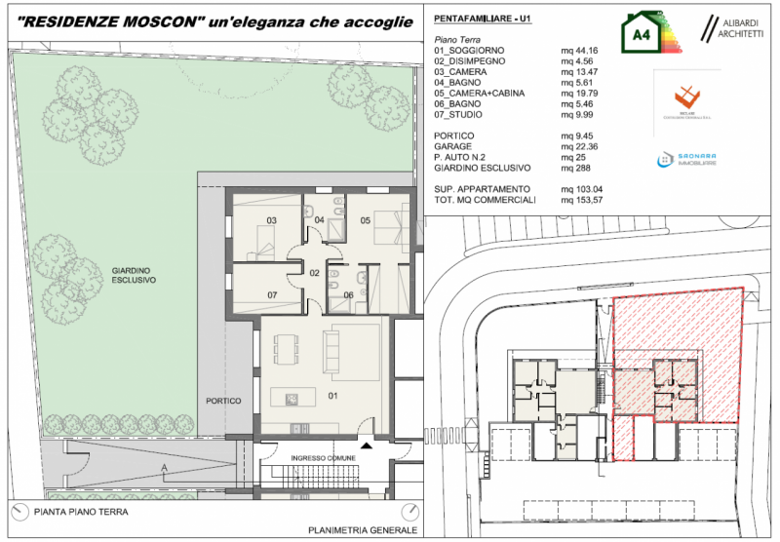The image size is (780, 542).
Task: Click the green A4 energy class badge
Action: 643,35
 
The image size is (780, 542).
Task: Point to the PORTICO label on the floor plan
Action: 223,401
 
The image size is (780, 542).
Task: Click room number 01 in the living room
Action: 331,396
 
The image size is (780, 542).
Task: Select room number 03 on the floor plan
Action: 273,219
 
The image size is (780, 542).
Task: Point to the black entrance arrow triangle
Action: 367,445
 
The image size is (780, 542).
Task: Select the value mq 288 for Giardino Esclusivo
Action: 573,169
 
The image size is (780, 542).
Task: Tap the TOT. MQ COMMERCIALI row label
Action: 485,199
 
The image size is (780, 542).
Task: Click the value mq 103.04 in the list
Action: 582,188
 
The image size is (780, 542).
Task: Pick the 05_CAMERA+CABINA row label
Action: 478,94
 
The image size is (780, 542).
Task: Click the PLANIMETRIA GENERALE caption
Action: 362,530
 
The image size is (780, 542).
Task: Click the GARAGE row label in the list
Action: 452,146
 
